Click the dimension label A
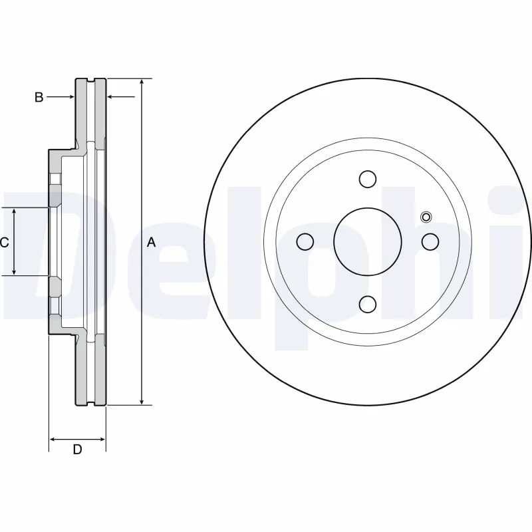[151, 243]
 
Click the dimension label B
[39, 98]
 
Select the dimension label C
[4, 243]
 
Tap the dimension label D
[77, 450]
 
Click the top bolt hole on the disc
[367, 179]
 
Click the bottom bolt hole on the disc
[367, 304]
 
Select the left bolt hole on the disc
[305, 241]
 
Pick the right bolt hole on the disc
[430, 241]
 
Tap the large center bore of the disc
[367, 241]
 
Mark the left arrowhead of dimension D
[53, 440]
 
